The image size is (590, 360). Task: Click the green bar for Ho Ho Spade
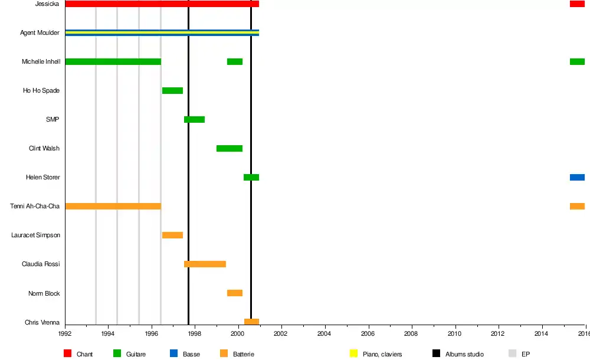click(x=172, y=90)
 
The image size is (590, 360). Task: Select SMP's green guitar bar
click(x=194, y=119)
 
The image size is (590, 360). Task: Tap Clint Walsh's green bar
click(x=230, y=148)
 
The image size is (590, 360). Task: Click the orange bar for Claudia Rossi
click(x=205, y=264)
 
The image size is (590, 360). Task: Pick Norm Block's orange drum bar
click(x=235, y=293)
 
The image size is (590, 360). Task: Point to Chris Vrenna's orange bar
click(x=251, y=322)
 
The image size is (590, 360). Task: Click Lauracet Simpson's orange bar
click(x=172, y=235)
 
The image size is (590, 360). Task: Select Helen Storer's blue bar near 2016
click(x=577, y=177)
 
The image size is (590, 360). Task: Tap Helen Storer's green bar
click(x=251, y=177)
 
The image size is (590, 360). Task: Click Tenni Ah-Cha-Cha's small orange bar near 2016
click(x=577, y=206)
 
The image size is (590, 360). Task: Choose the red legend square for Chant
click(x=67, y=354)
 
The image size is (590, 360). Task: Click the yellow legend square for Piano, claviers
click(x=354, y=354)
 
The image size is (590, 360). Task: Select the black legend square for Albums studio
click(x=436, y=354)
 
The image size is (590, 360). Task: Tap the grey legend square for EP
click(x=512, y=354)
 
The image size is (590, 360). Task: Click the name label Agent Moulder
click(x=40, y=32)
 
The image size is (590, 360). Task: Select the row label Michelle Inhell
click(x=41, y=61)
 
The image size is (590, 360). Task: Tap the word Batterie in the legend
click(x=244, y=354)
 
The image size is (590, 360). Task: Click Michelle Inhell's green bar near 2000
click(x=235, y=61)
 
